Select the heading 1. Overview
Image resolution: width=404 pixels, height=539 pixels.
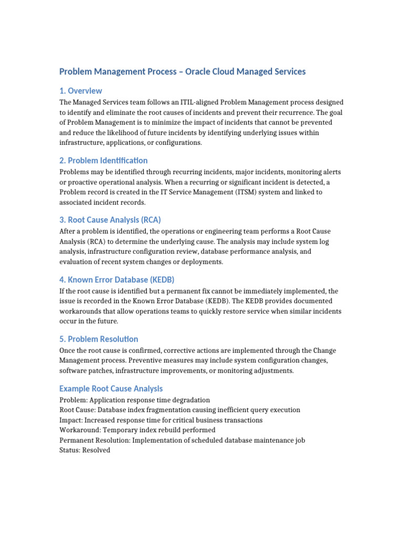pyautogui.click(x=80, y=91)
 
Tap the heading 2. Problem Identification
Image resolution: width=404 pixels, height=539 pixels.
pyautogui.click(x=103, y=160)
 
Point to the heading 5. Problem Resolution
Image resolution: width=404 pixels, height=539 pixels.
pyautogui.click(x=98, y=339)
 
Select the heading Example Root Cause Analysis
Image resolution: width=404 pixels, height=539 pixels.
pyautogui.click(x=111, y=388)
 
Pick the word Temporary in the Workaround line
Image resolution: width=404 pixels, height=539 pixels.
pyautogui.click(x=117, y=430)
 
